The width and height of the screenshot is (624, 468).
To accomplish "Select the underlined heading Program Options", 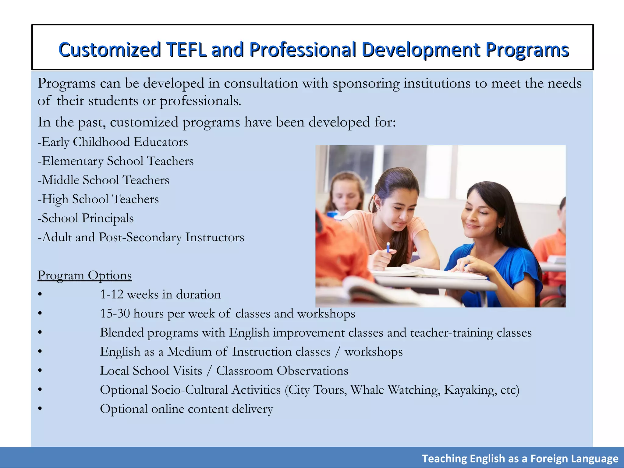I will (x=84, y=275).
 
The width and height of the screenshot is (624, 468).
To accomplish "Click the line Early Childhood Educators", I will (x=113, y=142).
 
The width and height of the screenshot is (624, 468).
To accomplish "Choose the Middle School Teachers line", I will (x=103, y=180).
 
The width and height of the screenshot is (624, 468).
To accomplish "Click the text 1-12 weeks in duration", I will (x=160, y=295).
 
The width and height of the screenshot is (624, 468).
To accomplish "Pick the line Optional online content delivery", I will (x=186, y=409).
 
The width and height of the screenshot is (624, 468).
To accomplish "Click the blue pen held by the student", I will (x=388, y=247).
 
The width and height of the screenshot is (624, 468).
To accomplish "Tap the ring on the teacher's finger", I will (x=469, y=261).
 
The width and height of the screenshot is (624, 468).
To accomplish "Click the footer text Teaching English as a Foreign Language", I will (x=520, y=459).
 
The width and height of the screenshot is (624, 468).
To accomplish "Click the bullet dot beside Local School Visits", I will (x=40, y=371).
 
